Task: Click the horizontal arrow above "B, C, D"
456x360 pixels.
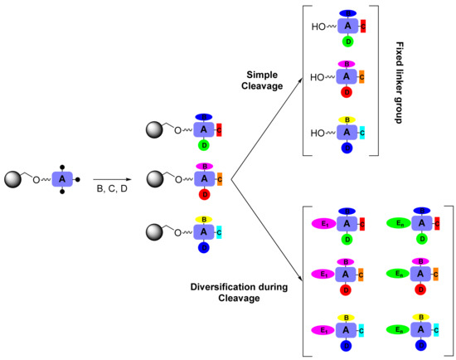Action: [111, 179]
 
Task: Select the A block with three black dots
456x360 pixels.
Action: [64, 178]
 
